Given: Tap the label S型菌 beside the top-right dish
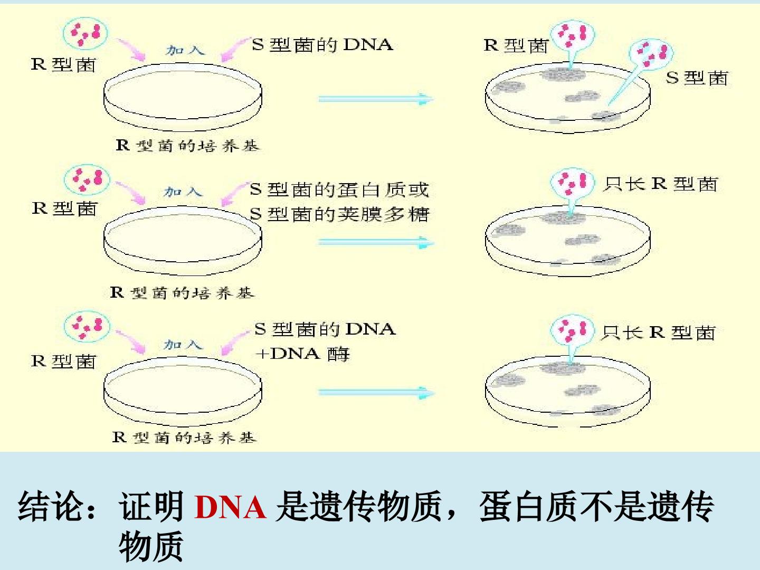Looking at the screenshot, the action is tap(697, 78).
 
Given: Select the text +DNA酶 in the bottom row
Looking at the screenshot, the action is tap(302, 354).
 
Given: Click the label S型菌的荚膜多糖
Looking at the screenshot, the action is tap(339, 214).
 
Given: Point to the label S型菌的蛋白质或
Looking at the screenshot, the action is tap(339, 189).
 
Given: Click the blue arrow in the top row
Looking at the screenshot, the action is tap(376, 99).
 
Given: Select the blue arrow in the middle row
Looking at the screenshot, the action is tap(376, 242).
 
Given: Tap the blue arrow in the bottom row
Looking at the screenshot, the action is tap(376, 392).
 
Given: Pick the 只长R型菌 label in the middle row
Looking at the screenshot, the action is tap(660, 184).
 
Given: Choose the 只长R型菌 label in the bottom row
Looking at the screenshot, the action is tap(658, 332).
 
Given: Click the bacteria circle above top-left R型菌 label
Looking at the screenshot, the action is tap(85, 34).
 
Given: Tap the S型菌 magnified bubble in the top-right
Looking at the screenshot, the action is tap(651, 54).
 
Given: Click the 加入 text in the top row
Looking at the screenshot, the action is tap(186, 51).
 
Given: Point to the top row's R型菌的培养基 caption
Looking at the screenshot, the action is tap(187, 145).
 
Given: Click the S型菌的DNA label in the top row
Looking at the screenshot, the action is tap(322, 45).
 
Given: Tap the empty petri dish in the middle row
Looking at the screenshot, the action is tap(183, 241).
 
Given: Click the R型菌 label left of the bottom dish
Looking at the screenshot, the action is tap(63, 362).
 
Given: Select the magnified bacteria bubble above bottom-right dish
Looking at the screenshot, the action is tap(572, 330).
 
